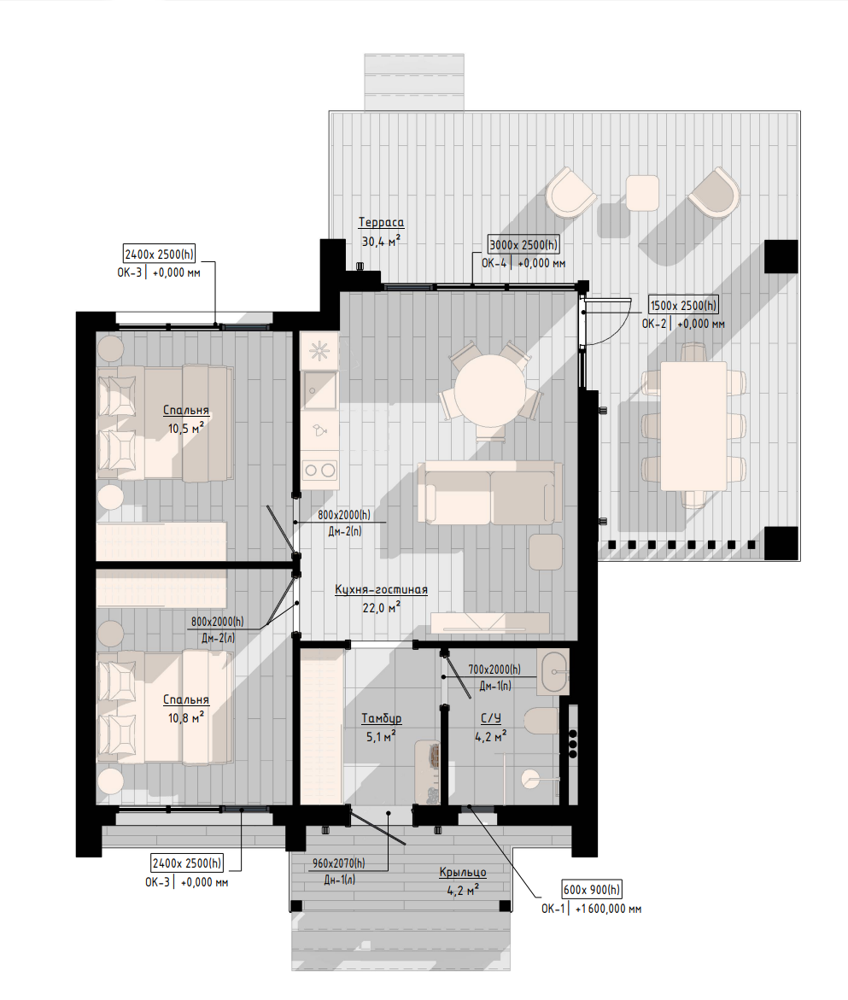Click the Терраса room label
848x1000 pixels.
[x=381, y=223]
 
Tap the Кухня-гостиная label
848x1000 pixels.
[x=381, y=590]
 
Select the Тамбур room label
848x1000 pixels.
[x=381, y=719]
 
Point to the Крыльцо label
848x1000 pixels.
[x=463, y=872]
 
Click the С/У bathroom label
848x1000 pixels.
[x=490, y=719]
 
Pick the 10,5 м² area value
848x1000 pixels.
[x=186, y=429]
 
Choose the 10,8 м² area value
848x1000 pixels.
[x=186, y=718]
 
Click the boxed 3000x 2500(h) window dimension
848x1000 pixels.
[x=523, y=245]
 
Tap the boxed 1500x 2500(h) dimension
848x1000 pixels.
[x=683, y=306]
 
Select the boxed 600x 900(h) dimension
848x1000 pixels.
[x=592, y=890]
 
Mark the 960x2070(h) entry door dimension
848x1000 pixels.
[x=338, y=863]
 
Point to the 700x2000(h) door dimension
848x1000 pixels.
[x=494, y=670]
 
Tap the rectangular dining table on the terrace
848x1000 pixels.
[x=693, y=426]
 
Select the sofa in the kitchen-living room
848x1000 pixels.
[x=489, y=493]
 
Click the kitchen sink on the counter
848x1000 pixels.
[x=319, y=389]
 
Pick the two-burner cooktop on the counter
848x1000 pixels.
[x=319, y=471]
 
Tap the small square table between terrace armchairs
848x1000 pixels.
[x=642, y=193]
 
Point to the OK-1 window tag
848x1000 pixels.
[x=553, y=909]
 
